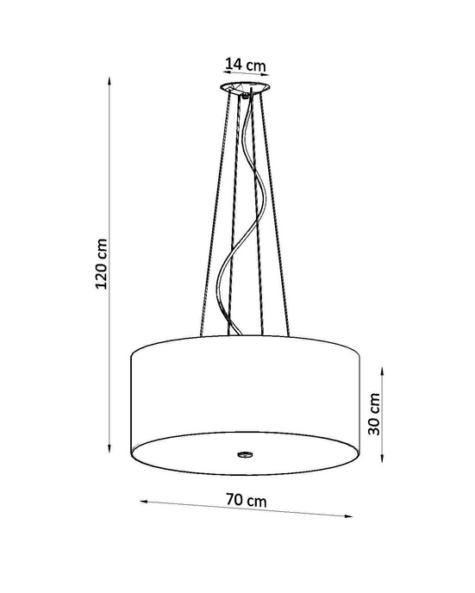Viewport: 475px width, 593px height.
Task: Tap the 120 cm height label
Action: (101, 263)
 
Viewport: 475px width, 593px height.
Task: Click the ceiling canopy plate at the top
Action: (245, 89)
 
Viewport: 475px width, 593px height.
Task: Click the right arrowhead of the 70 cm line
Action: (352, 516)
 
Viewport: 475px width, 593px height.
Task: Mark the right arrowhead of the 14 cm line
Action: (270, 76)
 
